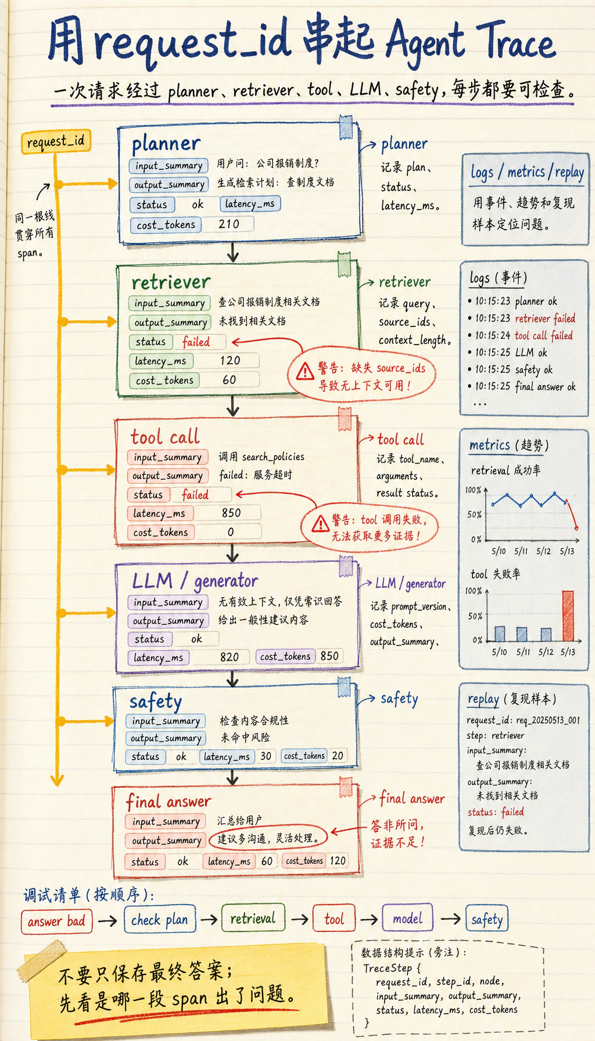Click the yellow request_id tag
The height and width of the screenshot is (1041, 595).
point(56,142)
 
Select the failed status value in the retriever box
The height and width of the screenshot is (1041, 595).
point(196,342)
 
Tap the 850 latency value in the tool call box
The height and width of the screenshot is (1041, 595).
point(231,513)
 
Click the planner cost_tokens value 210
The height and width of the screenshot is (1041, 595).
point(229,224)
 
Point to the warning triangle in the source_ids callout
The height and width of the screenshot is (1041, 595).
point(304,371)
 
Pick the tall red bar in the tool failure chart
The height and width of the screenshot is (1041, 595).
point(568,616)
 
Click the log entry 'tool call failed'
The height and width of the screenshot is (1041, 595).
point(544,335)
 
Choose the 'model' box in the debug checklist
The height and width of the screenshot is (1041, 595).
point(407,918)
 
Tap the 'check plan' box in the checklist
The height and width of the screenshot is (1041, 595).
point(160,920)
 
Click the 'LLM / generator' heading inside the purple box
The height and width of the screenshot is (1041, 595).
point(195,580)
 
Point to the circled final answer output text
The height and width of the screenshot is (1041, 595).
point(268,838)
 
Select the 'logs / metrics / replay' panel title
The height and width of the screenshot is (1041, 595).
point(527,172)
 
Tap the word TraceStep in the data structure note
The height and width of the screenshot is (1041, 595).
point(388,968)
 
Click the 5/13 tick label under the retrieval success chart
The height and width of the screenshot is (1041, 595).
point(567,551)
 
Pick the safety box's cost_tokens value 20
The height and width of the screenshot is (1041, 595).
point(338,756)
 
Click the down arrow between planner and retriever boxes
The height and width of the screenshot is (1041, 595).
point(233,253)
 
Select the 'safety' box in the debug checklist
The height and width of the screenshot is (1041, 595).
point(487,919)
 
